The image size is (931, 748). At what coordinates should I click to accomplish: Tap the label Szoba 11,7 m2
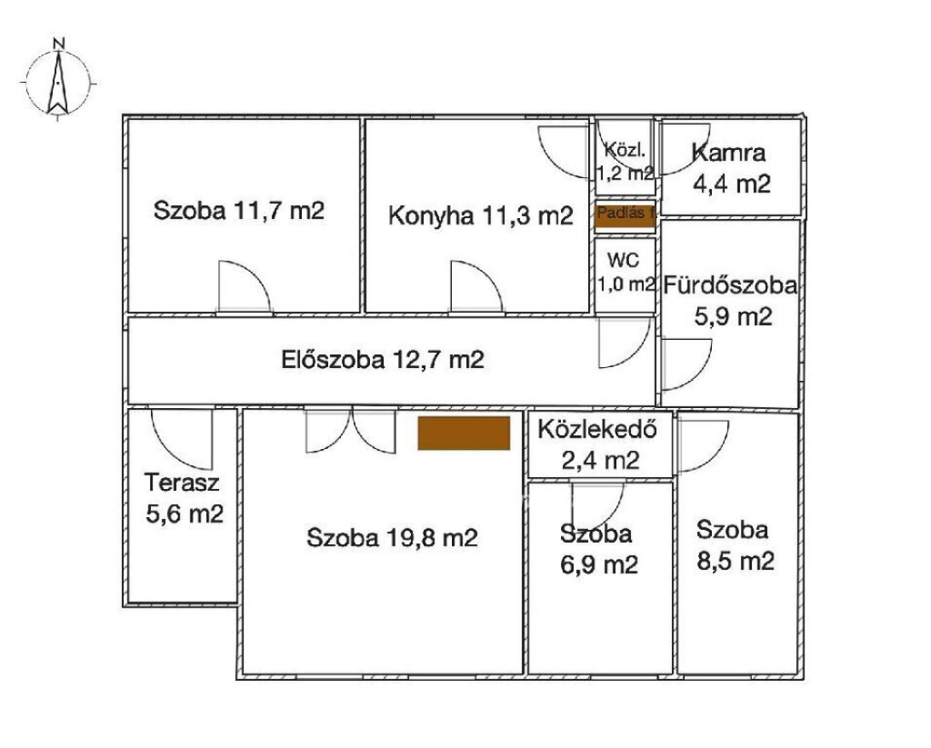239,211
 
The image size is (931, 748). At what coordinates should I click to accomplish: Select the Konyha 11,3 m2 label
480,214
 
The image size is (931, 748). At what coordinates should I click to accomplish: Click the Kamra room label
728,154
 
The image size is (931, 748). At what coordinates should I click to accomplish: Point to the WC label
624,259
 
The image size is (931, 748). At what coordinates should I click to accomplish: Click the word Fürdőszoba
730,285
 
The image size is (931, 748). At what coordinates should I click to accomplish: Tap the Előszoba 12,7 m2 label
383,360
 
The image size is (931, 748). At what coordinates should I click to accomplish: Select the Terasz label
182,482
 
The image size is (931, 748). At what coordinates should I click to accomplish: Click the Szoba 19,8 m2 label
392,538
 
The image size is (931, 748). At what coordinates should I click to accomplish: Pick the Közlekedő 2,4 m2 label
598,444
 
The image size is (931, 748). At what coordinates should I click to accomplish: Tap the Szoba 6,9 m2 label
598,549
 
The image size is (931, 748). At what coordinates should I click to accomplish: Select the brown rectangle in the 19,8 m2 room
464,433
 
